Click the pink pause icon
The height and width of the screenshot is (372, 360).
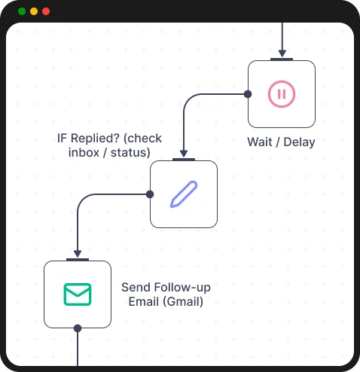pyautogui.click(x=282, y=93)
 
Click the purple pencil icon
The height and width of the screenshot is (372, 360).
pyautogui.click(x=184, y=194)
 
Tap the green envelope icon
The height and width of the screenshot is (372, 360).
pyautogui.click(x=78, y=294)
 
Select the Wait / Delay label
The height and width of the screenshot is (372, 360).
pyautogui.click(x=281, y=142)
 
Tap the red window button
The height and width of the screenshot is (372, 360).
pyautogui.click(x=46, y=11)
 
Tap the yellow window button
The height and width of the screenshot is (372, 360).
pyautogui.click(x=34, y=11)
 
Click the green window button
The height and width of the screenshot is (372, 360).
pyautogui.click(x=22, y=11)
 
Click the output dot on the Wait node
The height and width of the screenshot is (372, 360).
pyautogui.click(x=248, y=93)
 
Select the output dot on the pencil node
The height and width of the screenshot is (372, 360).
pyautogui.click(x=150, y=194)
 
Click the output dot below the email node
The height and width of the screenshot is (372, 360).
pyautogui.click(x=78, y=328)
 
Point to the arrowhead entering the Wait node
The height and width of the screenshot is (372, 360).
pyautogui.click(x=282, y=53)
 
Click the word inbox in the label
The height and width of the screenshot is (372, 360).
pyautogui.click(x=84, y=152)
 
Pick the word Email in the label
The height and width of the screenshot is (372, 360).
pyautogui.click(x=142, y=302)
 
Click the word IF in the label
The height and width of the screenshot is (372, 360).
pyautogui.click(x=64, y=139)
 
